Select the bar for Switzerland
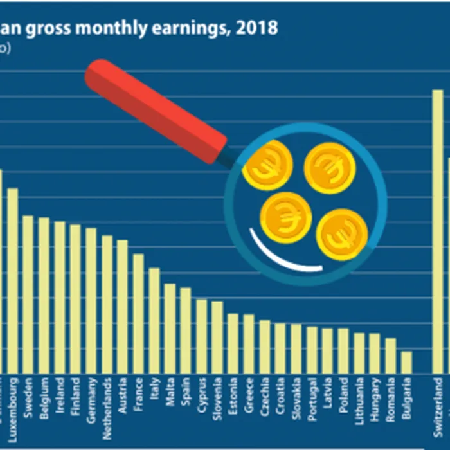pos(438,231)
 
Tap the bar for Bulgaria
pos(406,362)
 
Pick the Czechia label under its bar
pos(264,397)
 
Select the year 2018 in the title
pos(258,28)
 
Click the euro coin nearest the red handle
pos(267,165)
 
